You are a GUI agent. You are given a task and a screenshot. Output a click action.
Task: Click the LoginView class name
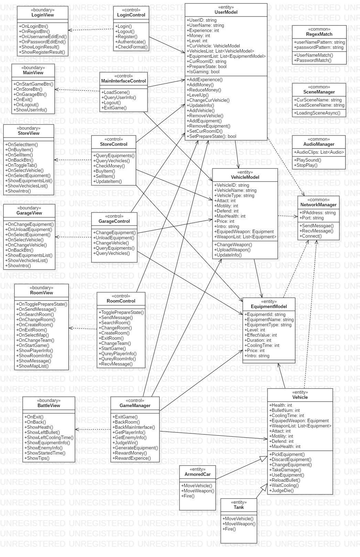click(43, 15)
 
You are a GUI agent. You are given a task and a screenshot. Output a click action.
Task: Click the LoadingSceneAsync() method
click(318, 113)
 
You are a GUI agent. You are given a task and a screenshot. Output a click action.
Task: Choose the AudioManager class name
click(319, 144)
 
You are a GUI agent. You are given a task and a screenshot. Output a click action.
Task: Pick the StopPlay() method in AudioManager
click(306, 165)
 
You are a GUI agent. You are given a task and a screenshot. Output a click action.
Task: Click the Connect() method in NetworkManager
click(312, 236)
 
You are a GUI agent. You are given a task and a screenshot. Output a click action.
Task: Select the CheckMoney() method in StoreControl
click(110, 166)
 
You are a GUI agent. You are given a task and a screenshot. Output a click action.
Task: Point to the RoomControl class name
click(121, 301)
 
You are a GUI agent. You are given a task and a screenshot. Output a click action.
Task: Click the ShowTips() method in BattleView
click(38, 458)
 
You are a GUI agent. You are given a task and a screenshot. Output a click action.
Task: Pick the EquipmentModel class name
click(269, 307)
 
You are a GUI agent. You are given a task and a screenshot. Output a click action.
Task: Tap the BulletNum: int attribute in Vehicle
click(285, 411)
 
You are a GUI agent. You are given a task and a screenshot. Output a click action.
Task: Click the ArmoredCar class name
click(197, 474)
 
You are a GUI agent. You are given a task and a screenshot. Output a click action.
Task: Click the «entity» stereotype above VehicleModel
click(245, 172)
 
